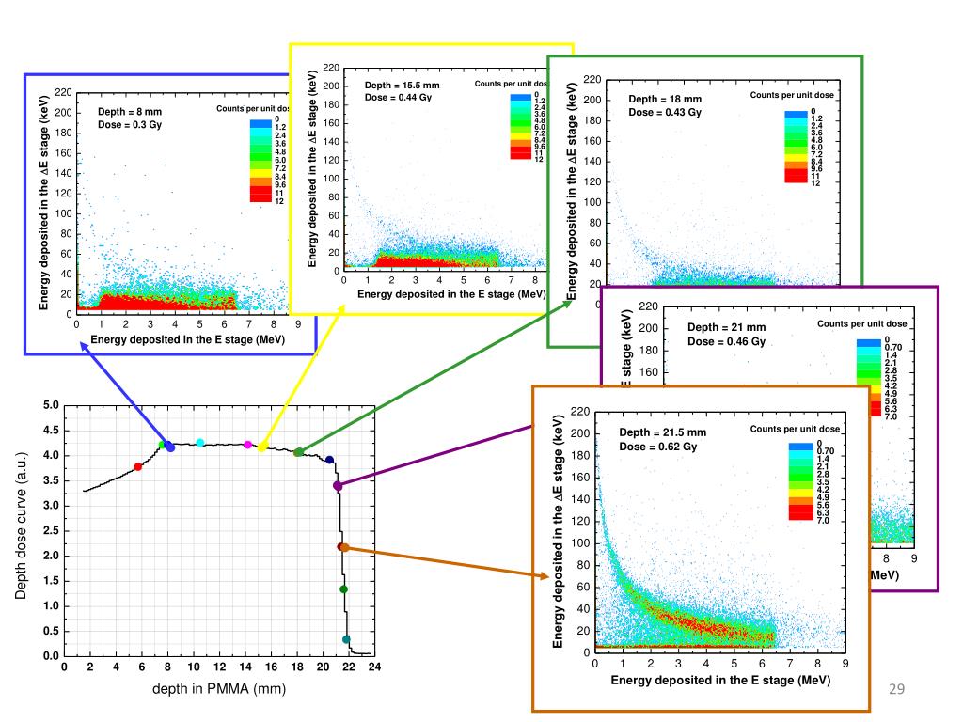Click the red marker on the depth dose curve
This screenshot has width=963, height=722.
point(138,466)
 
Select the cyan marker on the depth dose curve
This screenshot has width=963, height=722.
point(200,443)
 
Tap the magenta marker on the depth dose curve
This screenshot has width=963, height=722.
point(247,445)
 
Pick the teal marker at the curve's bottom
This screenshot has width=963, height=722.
point(346,639)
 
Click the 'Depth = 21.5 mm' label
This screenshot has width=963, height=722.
point(662,432)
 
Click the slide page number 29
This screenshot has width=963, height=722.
point(896,691)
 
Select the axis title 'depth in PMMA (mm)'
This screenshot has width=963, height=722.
point(219,690)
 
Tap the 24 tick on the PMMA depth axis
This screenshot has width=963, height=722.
point(373,668)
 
